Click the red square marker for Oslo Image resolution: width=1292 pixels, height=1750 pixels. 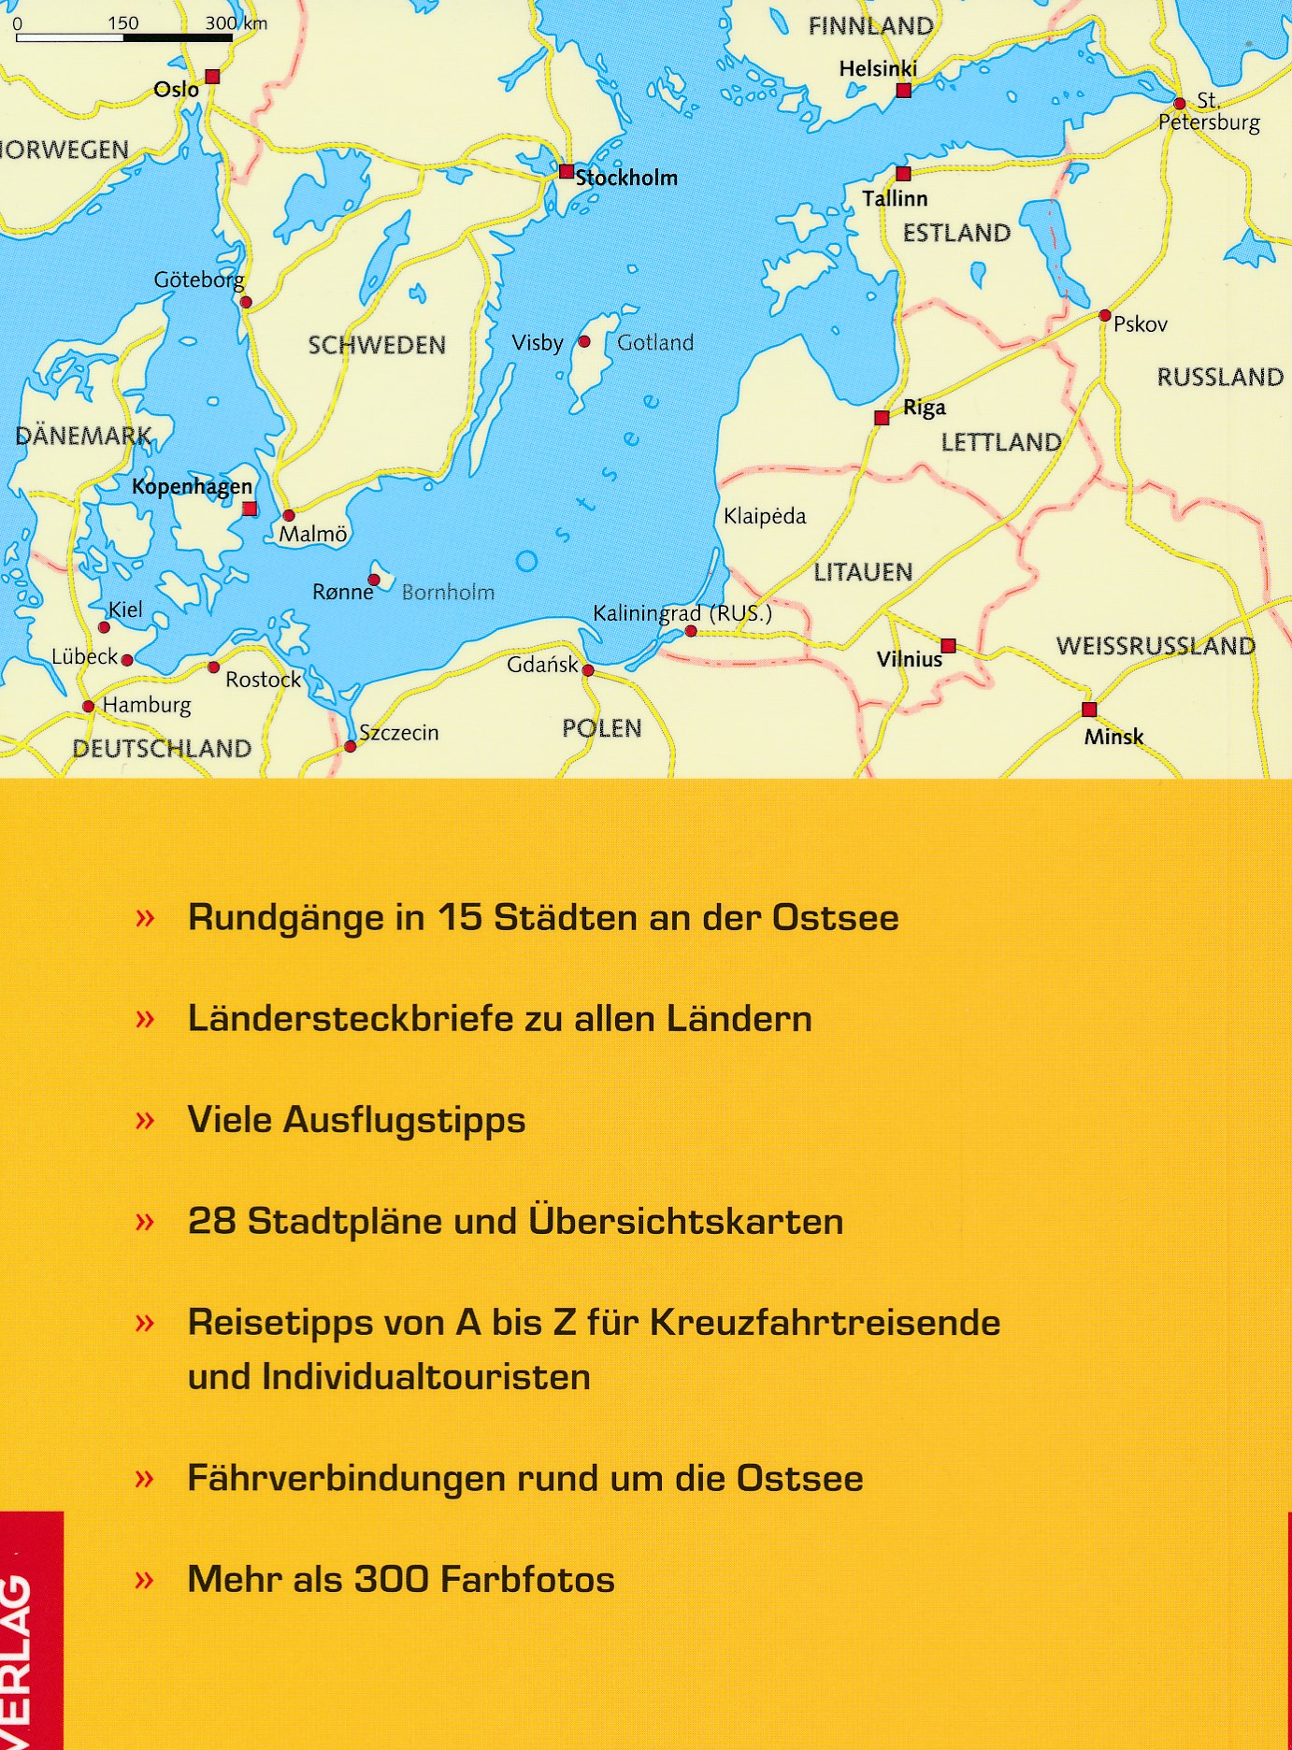pyautogui.click(x=212, y=77)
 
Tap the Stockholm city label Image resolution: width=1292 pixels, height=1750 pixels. pyautogui.click(x=626, y=178)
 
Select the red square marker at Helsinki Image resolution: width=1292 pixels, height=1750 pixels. pyautogui.click(x=903, y=91)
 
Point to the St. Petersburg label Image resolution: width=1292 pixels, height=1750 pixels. pyautogui.click(x=1209, y=112)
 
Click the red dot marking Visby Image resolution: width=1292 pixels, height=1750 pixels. pyautogui.click(x=585, y=342)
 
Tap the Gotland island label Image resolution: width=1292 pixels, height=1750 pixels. pyautogui.click(x=655, y=343)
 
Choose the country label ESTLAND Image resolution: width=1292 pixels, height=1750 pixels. pyautogui.click(x=956, y=233)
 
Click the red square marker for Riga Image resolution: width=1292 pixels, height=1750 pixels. pyautogui.click(x=882, y=418)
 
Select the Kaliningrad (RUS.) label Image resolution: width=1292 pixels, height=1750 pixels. pyautogui.click(x=682, y=614)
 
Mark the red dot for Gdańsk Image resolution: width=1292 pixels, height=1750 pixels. pyautogui.click(x=588, y=670)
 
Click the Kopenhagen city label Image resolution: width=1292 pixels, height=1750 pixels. pyautogui.click(x=192, y=486)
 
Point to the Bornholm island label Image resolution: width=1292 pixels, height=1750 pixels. pyautogui.click(x=448, y=592)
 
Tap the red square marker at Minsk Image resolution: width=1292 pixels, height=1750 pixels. pyautogui.click(x=1089, y=710)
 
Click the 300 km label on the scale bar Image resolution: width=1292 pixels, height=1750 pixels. pyautogui.click(x=236, y=23)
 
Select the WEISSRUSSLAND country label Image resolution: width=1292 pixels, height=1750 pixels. pyautogui.click(x=1156, y=646)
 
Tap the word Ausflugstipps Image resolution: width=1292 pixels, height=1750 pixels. pyautogui.click(x=404, y=1120)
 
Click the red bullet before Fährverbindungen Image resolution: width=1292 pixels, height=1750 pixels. pyautogui.click(x=144, y=1479)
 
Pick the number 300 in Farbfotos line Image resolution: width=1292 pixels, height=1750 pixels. pyautogui.click(x=391, y=1580)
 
